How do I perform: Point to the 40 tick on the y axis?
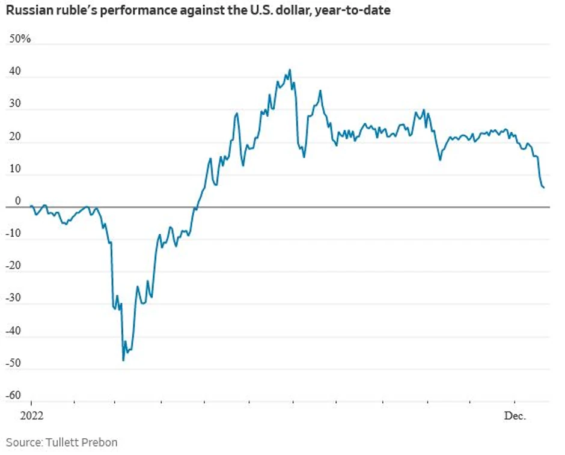pos(14,71)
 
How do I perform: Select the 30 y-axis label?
pos(14,103)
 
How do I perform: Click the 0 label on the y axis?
pos(18,201)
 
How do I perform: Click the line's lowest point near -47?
pos(123,360)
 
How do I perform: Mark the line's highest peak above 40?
pos(290,70)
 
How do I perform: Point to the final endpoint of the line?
pos(544,188)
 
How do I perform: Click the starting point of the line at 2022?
pos(31,206)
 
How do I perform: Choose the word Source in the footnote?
pos(22,442)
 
